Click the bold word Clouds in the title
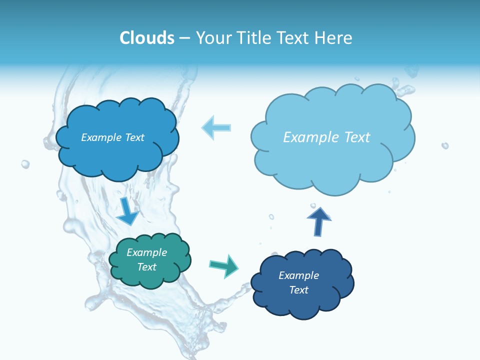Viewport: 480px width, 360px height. click(147, 38)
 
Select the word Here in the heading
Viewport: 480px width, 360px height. click(333, 38)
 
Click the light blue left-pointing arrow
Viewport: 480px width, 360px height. click(216, 127)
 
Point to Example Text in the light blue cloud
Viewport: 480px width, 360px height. click(326, 137)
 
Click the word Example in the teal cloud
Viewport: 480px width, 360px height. click(147, 252)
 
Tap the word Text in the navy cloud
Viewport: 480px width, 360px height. click(299, 290)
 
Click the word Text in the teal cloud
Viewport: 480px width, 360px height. click(147, 267)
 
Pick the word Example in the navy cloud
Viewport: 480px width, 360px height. click(299, 275)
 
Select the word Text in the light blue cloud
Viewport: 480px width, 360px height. click(356, 137)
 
